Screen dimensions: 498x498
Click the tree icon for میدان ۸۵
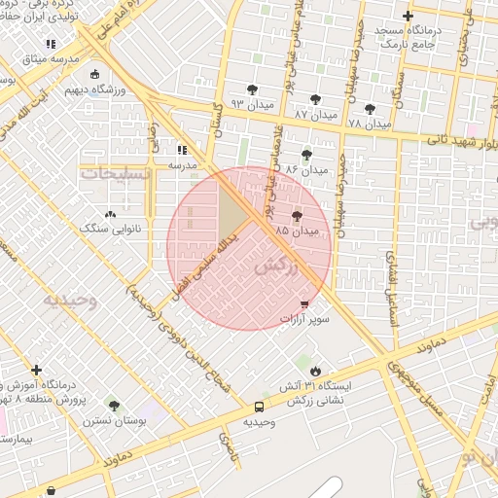tap(296, 217)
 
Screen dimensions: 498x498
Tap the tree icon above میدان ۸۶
tap(307, 155)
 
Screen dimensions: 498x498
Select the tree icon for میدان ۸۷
tap(315, 99)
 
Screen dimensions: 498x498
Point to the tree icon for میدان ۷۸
tap(369, 109)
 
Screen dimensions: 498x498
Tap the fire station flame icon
tap(316, 371)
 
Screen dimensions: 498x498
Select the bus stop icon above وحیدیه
tap(259, 407)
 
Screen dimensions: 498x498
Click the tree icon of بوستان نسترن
tap(114, 405)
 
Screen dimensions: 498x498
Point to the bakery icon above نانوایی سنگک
tap(109, 213)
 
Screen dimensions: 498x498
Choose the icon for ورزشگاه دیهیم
tap(93, 74)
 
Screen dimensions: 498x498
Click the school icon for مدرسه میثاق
tap(51, 44)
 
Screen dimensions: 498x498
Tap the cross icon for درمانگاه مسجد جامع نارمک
tap(408, 16)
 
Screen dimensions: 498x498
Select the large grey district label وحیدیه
tap(70, 300)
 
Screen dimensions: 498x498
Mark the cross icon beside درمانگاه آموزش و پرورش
tap(36, 370)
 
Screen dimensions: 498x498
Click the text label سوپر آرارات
tap(305, 319)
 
